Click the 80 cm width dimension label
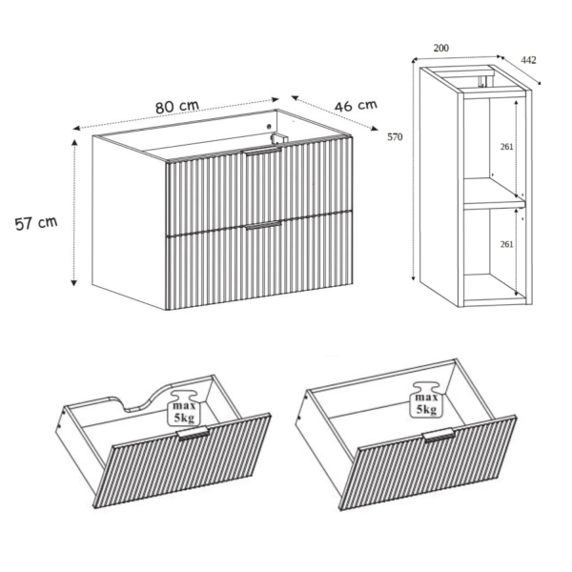(x=177, y=107)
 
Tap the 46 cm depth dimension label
(x=356, y=106)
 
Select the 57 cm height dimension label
(x=36, y=223)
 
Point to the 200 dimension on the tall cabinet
(x=441, y=49)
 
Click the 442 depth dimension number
(x=528, y=60)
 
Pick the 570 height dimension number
(x=395, y=136)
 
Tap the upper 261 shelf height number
(x=507, y=147)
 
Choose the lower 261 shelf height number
(x=507, y=244)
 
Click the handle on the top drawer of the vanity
(x=263, y=152)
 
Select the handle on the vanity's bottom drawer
(x=263, y=225)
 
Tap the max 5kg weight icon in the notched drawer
(x=184, y=408)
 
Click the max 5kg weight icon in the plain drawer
(x=426, y=399)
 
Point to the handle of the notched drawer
(x=193, y=432)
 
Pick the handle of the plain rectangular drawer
(x=439, y=435)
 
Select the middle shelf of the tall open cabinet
(x=494, y=199)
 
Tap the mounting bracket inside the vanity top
(x=279, y=138)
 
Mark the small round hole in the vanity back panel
(x=269, y=127)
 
